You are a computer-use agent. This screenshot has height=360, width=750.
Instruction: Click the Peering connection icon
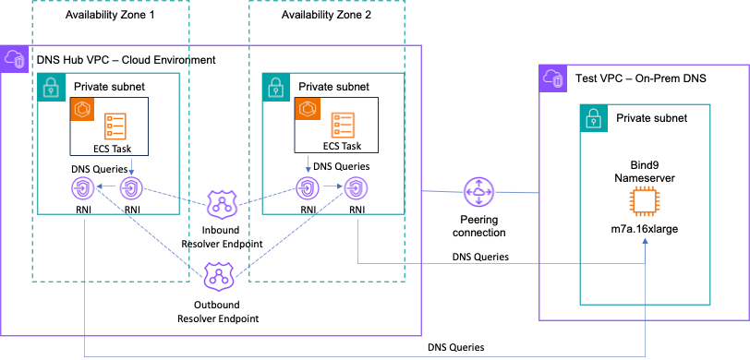click(x=479, y=194)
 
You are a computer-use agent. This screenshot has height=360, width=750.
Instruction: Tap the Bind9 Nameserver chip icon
click(x=645, y=199)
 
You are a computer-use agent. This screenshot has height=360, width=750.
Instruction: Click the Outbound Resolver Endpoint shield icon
click(x=217, y=274)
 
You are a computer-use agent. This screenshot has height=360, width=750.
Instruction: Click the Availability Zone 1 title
click(x=111, y=17)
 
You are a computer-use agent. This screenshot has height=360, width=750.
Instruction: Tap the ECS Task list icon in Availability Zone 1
click(x=116, y=126)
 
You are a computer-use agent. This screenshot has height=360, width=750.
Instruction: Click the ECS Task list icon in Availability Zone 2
click(x=342, y=126)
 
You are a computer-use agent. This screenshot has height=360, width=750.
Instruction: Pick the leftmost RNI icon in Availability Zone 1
click(x=84, y=189)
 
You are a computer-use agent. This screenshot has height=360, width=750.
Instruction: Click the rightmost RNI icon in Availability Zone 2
click(x=355, y=189)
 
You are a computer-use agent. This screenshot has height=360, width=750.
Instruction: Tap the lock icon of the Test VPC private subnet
click(x=593, y=118)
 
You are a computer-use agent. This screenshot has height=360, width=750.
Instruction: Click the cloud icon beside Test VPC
click(x=553, y=78)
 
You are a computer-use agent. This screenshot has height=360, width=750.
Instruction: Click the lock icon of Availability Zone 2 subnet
click(x=275, y=87)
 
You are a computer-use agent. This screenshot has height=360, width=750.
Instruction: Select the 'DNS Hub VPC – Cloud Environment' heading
click(x=126, y=59)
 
